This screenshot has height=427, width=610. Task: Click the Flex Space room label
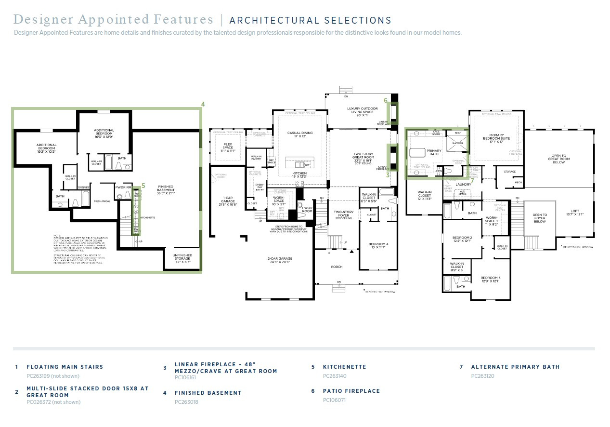pyautogui.click(x=228, y=147)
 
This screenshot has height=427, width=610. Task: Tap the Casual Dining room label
pyautogui.click(x=300, y=135)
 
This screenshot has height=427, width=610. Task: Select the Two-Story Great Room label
pyautogui.click(x=363, y=157)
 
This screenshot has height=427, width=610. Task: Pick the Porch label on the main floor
pyautogui.click(x=337, y=267)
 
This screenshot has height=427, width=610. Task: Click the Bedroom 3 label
pyautogui.click(x=490, y=280)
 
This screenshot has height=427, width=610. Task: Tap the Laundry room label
pyautogui.click(x=463, y=184)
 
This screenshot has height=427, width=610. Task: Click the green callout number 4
pyautogui.click(x=203, y=104)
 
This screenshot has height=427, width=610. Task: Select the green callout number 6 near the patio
pyautogui.click(x=386, y=100)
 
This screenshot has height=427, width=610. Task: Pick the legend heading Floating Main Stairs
pyautogui.click(x=65, y=367)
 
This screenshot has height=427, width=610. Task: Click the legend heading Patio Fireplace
pyautogui.click(x=351, y=391)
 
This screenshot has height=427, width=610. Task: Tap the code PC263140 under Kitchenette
pyautogui.click(x=334, y=376)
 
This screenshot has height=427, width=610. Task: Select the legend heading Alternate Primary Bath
pyautogui.click(x=515, y=367)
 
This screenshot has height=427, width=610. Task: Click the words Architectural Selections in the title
pyautogui.click(x=310, y=20)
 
